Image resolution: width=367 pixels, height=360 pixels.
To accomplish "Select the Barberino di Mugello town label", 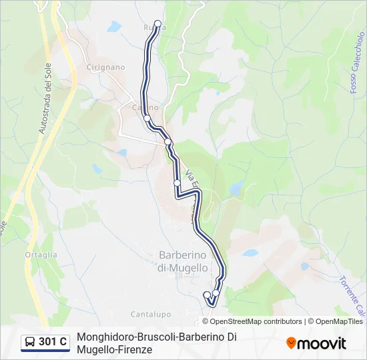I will [x=183, y=261].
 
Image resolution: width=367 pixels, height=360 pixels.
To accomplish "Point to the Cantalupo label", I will [x=151, y=314].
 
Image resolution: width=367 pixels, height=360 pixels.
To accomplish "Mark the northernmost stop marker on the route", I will [x=158, y=24].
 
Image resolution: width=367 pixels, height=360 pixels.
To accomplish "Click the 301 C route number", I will [x=53, y=342].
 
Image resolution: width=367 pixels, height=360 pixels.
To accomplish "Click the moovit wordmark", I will [x=322, y=343].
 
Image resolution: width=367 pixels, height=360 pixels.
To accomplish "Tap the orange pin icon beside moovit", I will [x=291, y=343].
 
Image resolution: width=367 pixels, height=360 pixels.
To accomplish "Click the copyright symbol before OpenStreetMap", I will [x=206, y=321].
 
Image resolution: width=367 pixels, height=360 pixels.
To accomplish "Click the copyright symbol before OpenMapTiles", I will [x=311, y=321].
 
